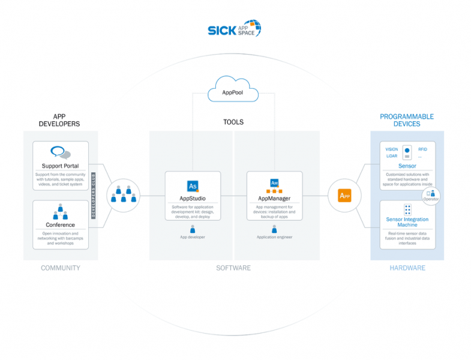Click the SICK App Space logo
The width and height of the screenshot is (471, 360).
click(234, 29)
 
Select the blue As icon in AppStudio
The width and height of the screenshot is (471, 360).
click(193, 185)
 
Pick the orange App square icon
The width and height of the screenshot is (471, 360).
click(344, 196)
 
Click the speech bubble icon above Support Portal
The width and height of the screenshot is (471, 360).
click(60, 152)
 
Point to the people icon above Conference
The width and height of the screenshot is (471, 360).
click(60, 212)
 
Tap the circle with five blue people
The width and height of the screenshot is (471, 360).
click(123, 196)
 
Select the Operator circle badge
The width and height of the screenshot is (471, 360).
click(431, 195)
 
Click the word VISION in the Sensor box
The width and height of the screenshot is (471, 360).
click(391, 149)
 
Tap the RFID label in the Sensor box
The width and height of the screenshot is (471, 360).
click(422, 149)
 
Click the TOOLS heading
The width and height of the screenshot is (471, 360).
click(233, 122)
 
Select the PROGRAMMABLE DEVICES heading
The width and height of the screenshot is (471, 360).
click(407, 120)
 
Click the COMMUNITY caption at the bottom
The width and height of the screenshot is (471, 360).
click(60, 268)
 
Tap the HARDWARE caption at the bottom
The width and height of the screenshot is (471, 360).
click(407, 268)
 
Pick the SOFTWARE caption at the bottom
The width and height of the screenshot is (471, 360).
click(233, 268)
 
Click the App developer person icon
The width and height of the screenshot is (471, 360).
click(193, 229)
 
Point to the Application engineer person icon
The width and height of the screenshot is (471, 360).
click(274, 229)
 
